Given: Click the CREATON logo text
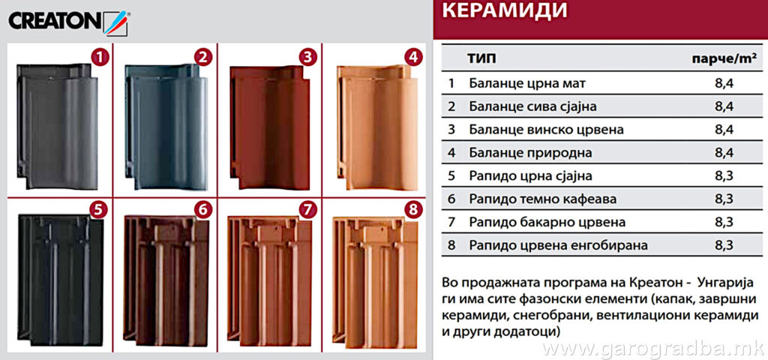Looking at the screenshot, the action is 55,22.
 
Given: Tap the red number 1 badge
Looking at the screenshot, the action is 100,58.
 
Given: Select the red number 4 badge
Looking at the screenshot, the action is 413,58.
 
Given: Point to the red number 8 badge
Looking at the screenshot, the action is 413,210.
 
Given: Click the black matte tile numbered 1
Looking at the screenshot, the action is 57,126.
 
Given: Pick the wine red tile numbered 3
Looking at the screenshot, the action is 270,127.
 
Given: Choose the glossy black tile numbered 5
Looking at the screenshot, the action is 60,280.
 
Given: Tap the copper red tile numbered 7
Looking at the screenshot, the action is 269,282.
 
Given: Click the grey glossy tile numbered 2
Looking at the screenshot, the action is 166,126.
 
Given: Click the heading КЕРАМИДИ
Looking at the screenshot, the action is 505,11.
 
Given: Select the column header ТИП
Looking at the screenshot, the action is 482,59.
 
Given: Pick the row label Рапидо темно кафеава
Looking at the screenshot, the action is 543,199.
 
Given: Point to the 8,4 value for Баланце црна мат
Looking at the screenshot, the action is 724,84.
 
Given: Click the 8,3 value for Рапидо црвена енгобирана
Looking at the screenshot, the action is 724,245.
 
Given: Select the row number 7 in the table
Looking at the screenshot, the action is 451,222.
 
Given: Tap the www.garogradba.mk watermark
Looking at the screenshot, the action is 653,349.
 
